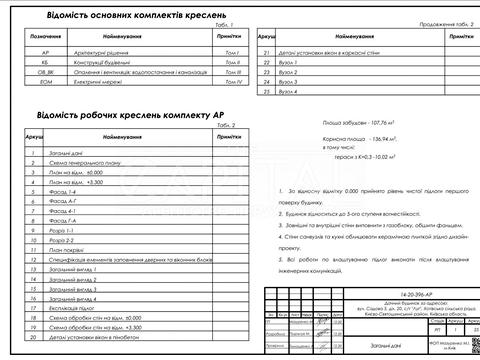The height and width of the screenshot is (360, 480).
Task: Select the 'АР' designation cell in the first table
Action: coord(45,49)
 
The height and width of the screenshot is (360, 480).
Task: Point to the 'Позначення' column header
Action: coord(45,36)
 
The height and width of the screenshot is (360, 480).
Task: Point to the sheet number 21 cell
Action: coord(266,50)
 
